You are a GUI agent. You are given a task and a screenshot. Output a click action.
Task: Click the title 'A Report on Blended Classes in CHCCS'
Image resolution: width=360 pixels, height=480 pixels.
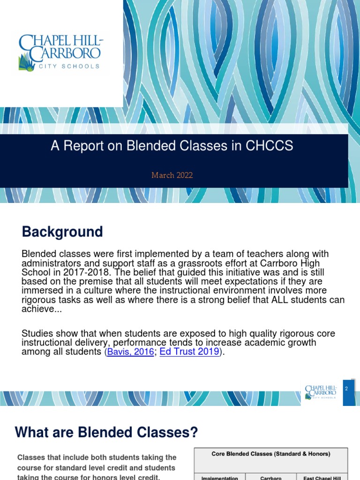pyautogui.click(x=172, y=146)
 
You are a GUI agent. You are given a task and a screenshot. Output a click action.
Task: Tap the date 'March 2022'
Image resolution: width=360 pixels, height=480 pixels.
pyautogui.click(x=172, y=175)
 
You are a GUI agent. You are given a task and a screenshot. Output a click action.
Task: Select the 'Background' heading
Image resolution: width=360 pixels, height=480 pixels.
pyautogui.click(x=62, y=232)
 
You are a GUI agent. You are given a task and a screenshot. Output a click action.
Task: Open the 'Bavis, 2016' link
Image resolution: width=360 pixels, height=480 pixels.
pyautogui.click(x=130, y=352)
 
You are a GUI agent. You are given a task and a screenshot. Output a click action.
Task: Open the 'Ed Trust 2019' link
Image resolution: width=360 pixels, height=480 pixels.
pyautogui.click(x=189, y=352)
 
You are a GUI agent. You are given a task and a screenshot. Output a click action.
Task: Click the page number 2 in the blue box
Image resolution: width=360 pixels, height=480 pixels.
pyautogui.click(x=346, y=389)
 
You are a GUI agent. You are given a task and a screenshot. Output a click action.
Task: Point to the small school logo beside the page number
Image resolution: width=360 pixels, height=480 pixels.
pyautogui.click(x=321, y=392)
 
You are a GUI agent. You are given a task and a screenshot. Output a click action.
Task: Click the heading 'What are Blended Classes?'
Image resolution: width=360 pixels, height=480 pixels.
pyautogui.click(x=106, y=432)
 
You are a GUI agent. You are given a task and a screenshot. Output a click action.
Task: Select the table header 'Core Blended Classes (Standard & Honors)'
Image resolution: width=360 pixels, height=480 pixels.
pyautogui.click(x=271, y=454)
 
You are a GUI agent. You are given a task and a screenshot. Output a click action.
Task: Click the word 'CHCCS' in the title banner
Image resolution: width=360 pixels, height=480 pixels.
pyautogui.click(x=270, y=146)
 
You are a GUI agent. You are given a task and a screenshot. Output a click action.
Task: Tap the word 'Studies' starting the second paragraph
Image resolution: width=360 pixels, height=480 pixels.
pyautogui.click(x=37, y=333)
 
